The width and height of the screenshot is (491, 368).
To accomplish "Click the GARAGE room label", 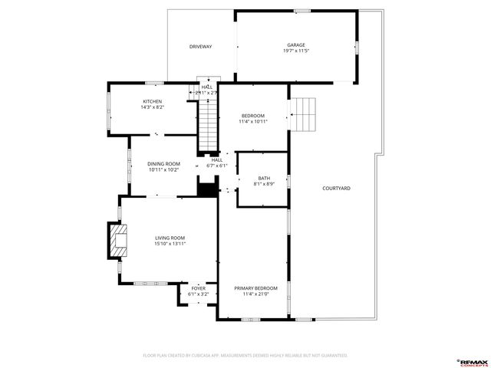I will click(x=296, y=45).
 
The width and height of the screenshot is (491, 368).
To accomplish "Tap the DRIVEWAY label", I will click(x=200, y=47).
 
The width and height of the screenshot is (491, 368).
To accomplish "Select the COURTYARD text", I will click(x=336, y=188).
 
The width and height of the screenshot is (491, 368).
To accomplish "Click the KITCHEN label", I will click(x=152, y=101).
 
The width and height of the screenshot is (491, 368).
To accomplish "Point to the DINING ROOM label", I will click(x=163, y=163).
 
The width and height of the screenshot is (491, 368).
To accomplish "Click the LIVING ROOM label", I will click(x=170, y=238).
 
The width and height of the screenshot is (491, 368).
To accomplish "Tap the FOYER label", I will click(x=198, y=288).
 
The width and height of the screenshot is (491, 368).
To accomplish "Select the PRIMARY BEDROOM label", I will click(x=255, y=287).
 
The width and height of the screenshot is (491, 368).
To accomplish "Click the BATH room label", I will click(x=263, y=179).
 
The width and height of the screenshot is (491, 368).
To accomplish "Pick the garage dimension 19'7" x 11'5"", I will click(x=296, y=51).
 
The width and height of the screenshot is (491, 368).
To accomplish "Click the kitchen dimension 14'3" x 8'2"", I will click(x=152, y=107).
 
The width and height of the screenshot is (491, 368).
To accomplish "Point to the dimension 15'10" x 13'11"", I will click(x=170, y=244).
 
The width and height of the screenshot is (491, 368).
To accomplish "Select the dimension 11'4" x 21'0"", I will click(x=255, y=294).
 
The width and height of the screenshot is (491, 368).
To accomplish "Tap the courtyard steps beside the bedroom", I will click(x=305, y=115).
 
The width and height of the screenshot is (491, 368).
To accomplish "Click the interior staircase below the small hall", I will click(x=208, y=127).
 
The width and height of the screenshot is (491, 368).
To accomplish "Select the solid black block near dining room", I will click(x=207, y=189).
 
